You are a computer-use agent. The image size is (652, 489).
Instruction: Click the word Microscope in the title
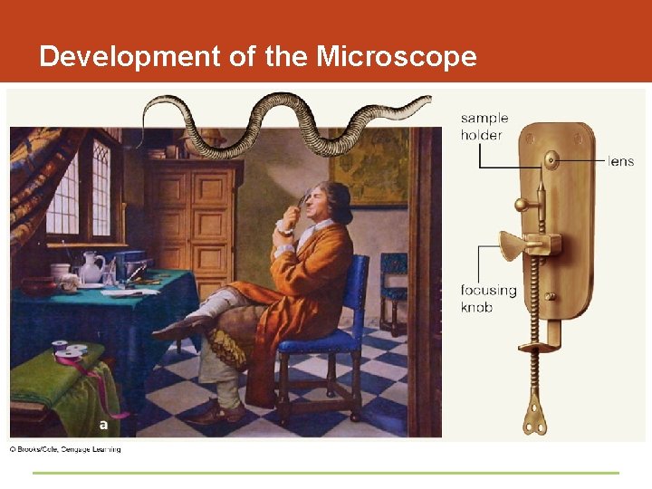click(x=396, y=56)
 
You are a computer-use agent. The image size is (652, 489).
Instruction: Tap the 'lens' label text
click(x=620, y=161)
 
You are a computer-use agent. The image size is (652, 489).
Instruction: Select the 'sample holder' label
click(x=484, y=127)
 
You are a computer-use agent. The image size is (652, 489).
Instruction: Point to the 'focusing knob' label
click(x=488, y=299)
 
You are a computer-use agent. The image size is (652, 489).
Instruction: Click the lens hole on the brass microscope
click(x=551, y=161)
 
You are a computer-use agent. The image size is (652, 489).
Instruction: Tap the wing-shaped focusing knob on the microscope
click(x=513, y=244)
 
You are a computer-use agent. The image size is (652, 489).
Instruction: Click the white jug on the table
click(x=91, y=267)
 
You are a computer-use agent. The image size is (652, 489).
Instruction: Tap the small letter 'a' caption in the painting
click(x=103, y=424)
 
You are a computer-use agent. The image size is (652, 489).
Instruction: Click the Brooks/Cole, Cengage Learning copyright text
click(x=65, y=449)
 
